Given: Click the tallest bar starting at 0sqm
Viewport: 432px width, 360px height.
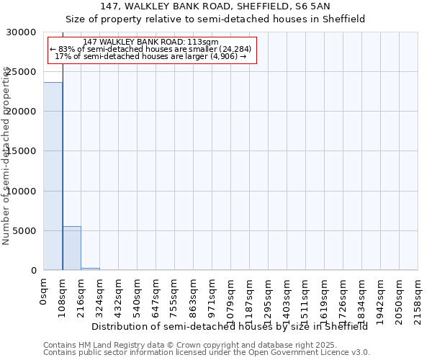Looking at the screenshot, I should tap(53, 176).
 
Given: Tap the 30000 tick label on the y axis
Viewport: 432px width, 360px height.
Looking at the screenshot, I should tap(22, 32).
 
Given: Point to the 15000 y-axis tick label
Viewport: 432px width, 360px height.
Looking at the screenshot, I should tap(22, 151).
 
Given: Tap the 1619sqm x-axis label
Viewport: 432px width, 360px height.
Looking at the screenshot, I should tap(325, 299).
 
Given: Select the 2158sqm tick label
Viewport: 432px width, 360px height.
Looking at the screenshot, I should tap(419, 299).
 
